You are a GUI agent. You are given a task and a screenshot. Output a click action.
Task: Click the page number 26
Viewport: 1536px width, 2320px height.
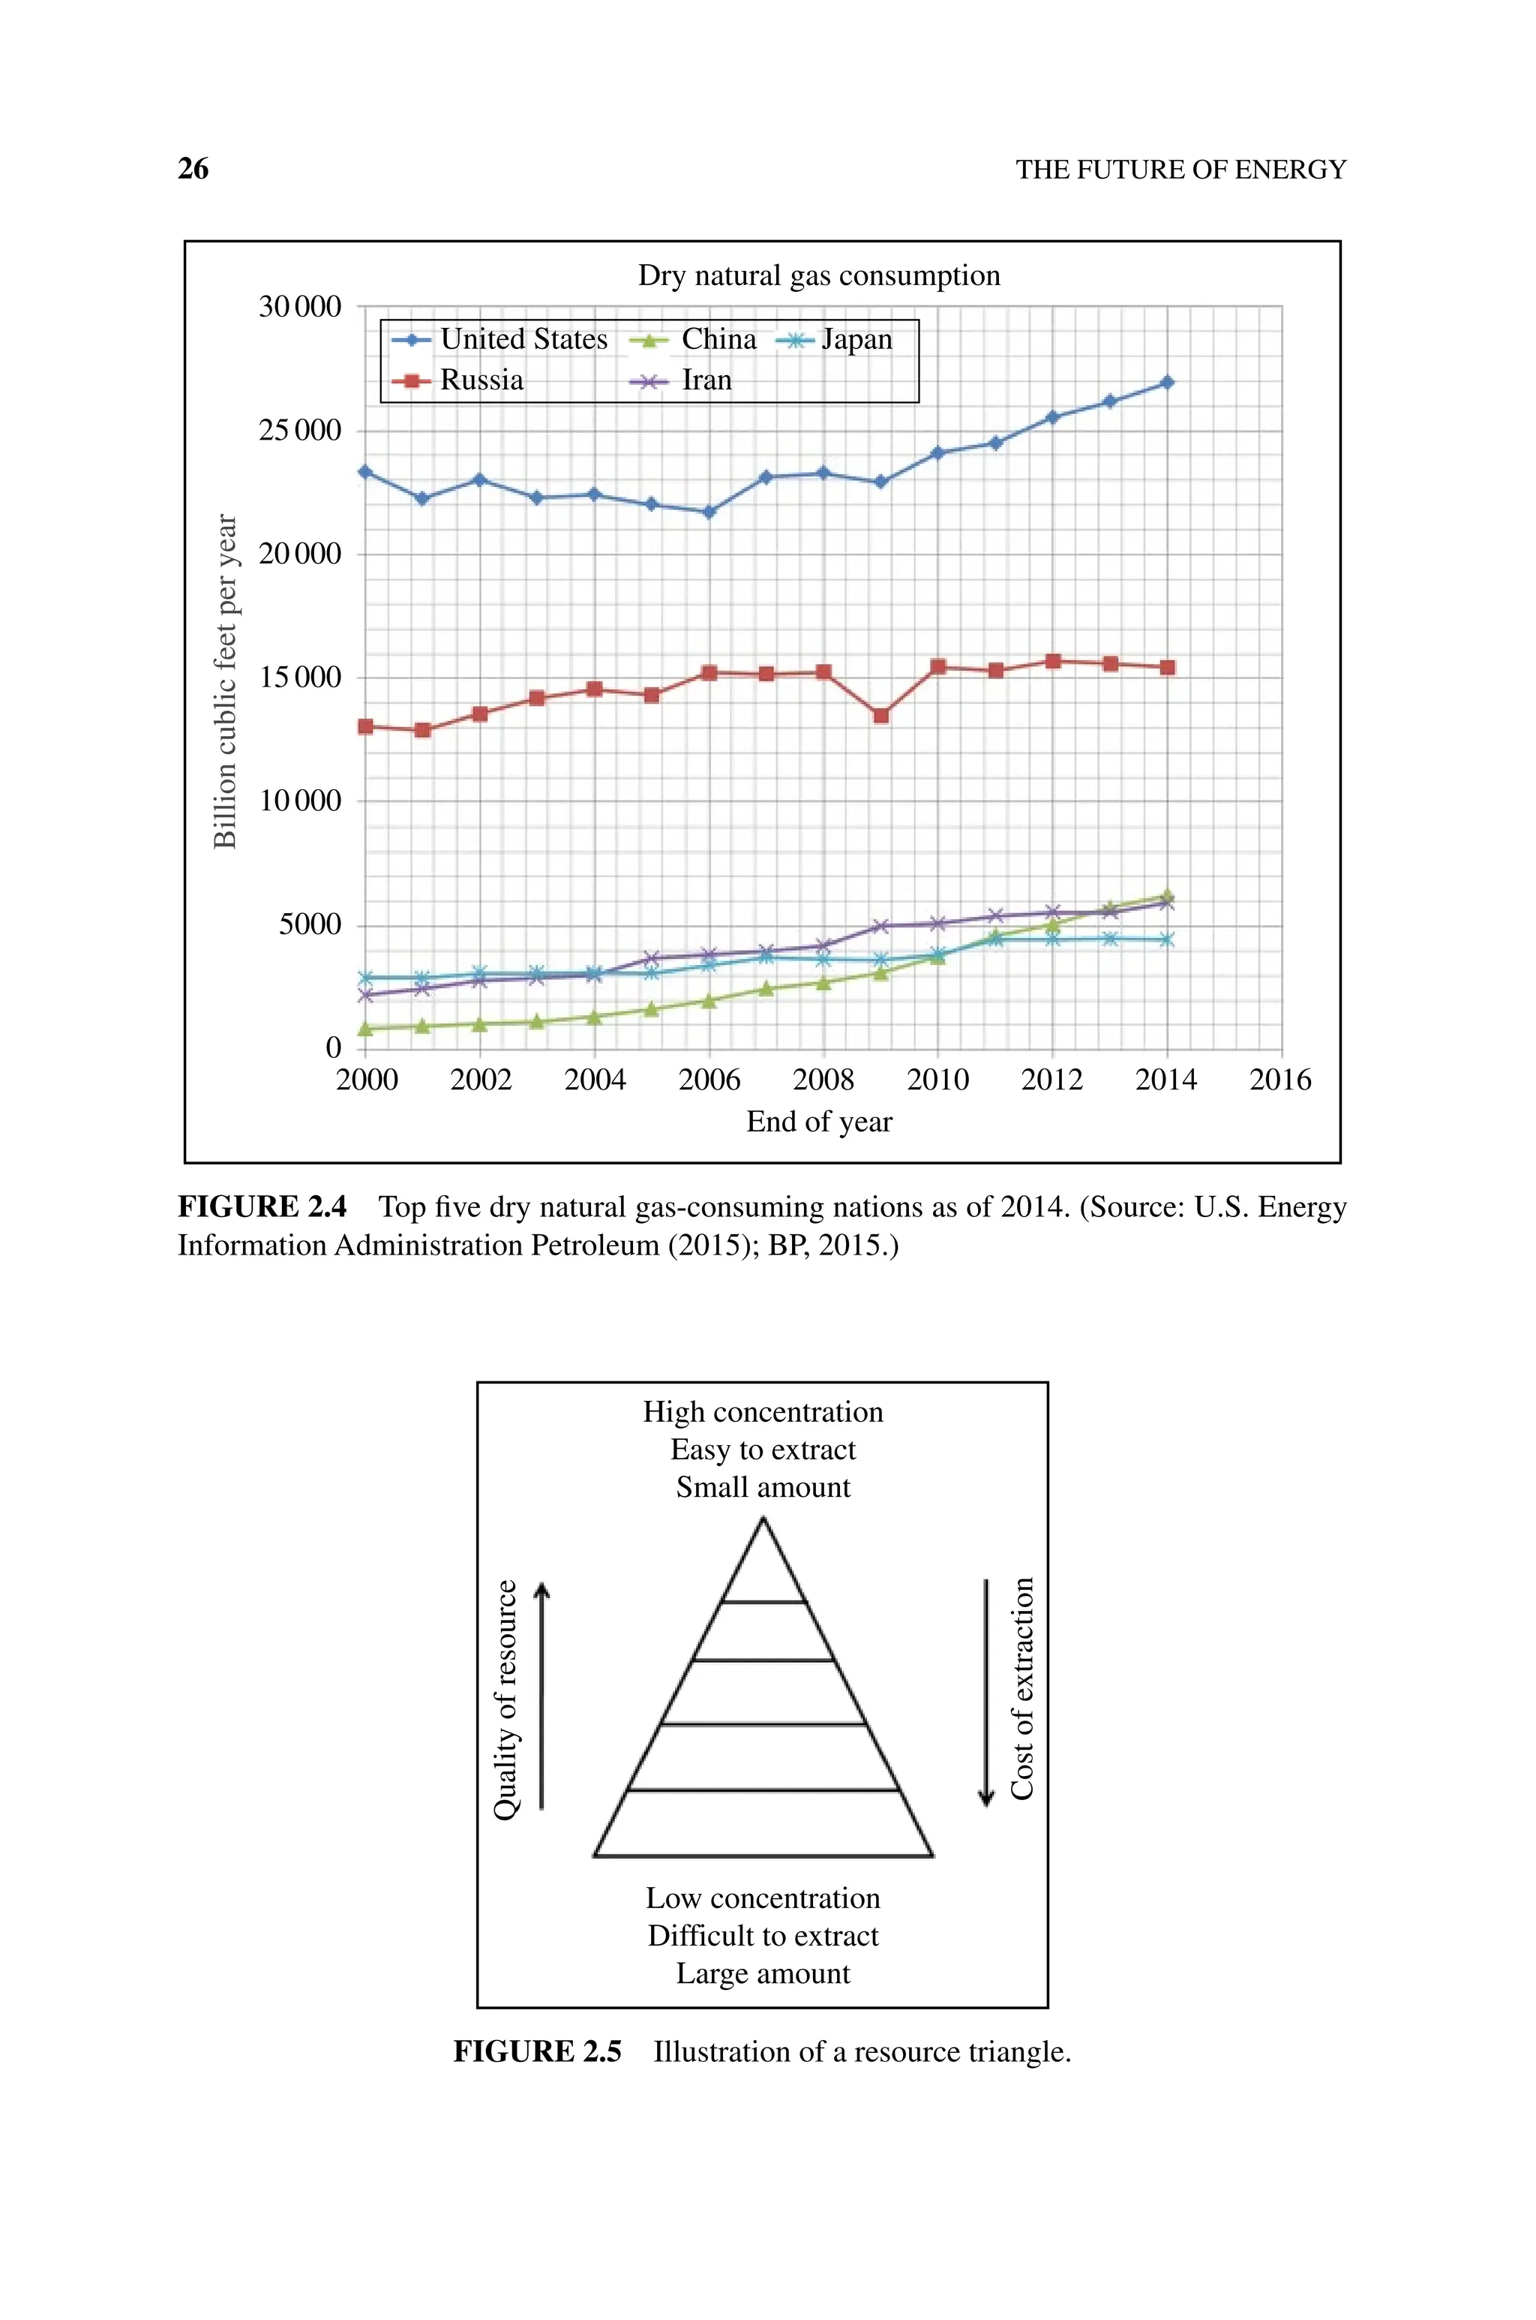[193, 169]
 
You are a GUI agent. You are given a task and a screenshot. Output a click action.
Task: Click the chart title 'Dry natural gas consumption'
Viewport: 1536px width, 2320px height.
[819, 275]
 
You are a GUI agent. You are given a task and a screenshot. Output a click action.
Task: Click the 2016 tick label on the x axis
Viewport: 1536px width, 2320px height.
[1279, 1080]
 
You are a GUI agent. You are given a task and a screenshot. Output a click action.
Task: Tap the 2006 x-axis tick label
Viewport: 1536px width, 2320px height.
[709, 1080]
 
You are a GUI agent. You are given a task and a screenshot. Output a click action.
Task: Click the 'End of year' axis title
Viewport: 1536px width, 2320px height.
[819, 1122]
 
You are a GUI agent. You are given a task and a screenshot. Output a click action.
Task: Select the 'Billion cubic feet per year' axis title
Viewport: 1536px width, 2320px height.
[226, 681]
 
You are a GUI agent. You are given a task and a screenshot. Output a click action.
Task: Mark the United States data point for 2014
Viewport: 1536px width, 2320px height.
[1167, 382]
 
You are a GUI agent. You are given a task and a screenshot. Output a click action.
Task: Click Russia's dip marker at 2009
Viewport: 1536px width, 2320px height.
[880, 716]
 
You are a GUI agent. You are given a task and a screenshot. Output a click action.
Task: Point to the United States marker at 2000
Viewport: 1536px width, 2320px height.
[365, 472]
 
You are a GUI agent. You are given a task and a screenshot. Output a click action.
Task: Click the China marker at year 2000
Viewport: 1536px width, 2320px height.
[365, 1029]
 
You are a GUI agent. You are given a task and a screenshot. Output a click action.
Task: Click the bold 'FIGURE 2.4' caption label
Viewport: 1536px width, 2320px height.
[262, 1207]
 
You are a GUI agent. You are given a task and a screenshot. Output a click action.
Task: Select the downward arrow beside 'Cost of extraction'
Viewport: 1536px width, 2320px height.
[986, 1693]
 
